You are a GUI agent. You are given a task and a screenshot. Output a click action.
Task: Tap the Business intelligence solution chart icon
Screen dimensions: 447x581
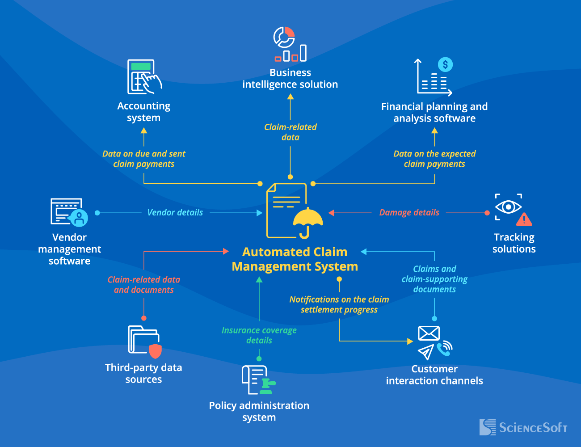(290, 45)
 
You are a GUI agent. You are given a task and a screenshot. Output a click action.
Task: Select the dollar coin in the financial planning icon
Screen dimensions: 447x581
(445, 65)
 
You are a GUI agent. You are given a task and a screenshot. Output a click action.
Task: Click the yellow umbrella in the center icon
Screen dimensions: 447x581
(308, 218)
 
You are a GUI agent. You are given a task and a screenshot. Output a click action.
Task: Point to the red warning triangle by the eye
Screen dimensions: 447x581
(524, 220)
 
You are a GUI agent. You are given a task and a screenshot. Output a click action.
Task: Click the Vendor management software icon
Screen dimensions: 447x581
(68, 212)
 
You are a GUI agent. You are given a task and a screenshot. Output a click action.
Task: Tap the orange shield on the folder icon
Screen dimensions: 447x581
(155, 351)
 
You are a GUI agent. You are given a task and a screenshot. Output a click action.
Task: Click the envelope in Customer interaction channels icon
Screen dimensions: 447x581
(429, 333)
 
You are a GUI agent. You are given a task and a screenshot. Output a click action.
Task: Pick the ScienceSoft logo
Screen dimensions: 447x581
(523, 427)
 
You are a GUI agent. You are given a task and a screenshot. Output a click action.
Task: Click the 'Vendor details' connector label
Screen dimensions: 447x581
(175, 213)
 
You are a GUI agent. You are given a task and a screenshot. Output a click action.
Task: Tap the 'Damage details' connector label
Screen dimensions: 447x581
(409, 213)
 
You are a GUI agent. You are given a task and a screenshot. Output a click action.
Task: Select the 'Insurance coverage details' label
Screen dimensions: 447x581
(259, 335)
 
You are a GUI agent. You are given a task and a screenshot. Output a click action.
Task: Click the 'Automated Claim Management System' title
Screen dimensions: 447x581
(295, 259)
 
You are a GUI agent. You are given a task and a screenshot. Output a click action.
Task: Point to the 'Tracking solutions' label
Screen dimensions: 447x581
(514, 243)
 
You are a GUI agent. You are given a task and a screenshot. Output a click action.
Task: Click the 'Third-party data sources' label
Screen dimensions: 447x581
(143, 373)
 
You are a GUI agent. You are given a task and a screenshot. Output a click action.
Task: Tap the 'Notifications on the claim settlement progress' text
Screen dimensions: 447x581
(339, 304)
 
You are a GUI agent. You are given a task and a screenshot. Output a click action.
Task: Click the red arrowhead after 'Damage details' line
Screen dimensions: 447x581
(332, 213)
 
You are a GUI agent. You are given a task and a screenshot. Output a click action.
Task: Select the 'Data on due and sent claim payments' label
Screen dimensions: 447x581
(143, 159)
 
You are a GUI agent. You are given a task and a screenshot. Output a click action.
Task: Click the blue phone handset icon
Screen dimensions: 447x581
(443, 349)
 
